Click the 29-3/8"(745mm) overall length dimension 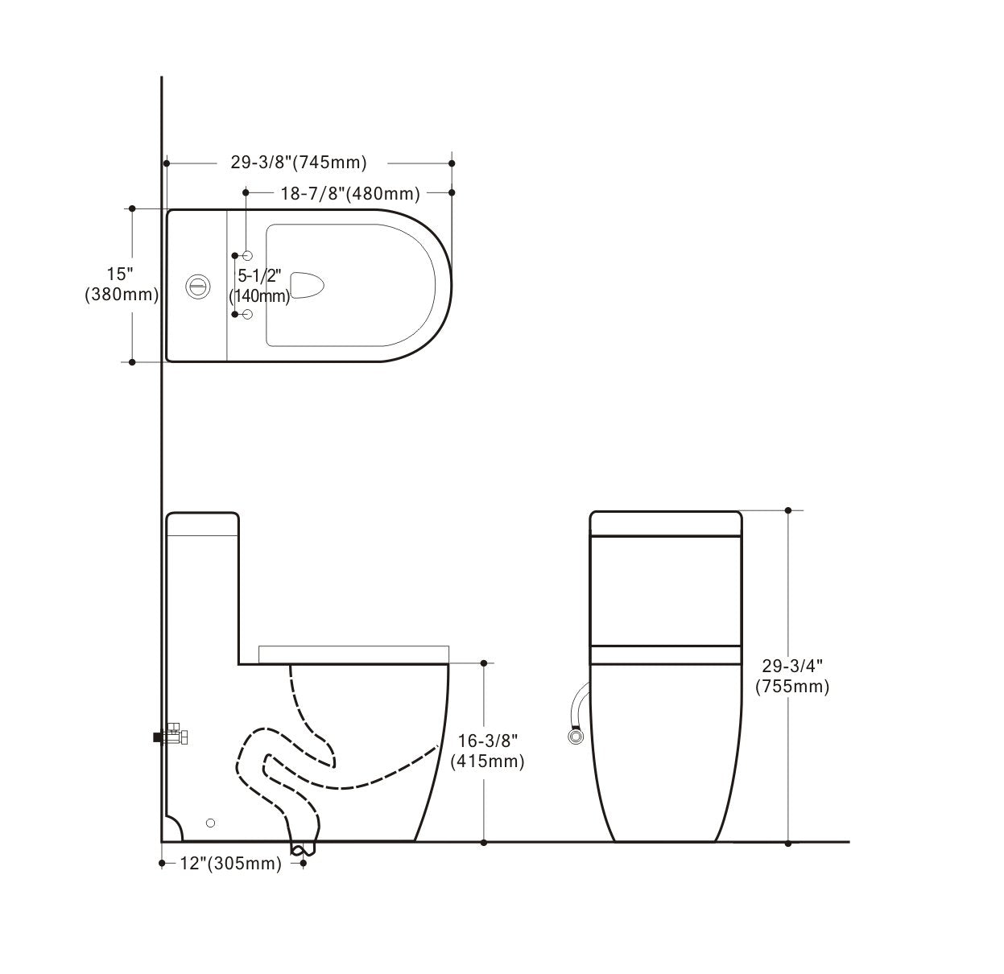(x=299, y=163)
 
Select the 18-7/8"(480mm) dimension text (x=350, y=193)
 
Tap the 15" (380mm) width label (x=121, y=284)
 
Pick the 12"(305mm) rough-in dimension (x=230, y=864)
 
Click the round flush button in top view (x=196, y=285)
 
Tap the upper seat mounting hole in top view (x=247, y=255)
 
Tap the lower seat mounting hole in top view (x=247, y=314)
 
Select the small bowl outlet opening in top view (x=307, y=285)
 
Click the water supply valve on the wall (x=172, y=736)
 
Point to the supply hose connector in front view (x=575, y=735)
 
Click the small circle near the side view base (x=210, y=822)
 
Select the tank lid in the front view (x=666, y=523)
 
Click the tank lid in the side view (x=202, y=524)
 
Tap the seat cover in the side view (x=353, y=654)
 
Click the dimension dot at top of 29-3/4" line (x=788, y=510)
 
